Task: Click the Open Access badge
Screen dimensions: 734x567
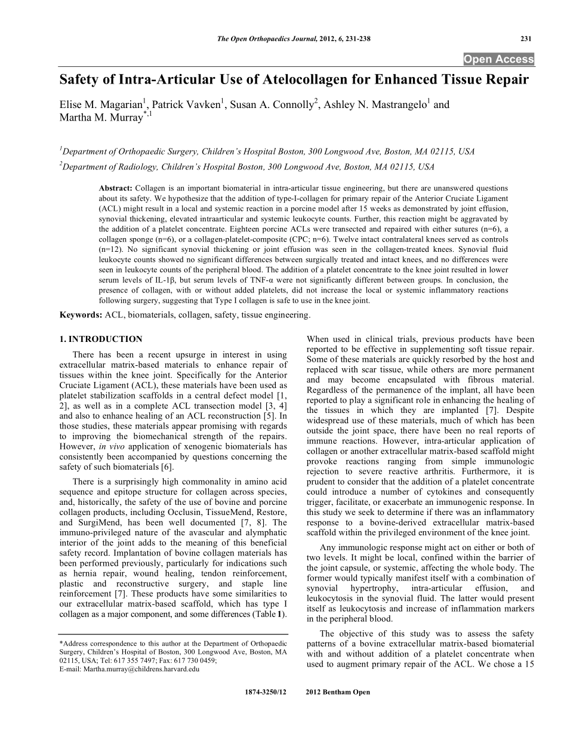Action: pos(499,59)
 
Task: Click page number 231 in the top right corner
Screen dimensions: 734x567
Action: pos(525,39)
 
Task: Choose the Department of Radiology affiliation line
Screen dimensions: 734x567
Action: pos(246,166)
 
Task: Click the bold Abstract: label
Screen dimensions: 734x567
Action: pos(115,188)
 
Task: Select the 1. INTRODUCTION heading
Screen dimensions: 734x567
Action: pos(100,339)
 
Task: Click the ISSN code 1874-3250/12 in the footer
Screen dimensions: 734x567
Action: pos(266,692)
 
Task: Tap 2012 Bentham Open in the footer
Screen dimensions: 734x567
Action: pos(337,692)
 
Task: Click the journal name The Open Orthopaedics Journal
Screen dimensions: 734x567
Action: pos(264,39)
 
